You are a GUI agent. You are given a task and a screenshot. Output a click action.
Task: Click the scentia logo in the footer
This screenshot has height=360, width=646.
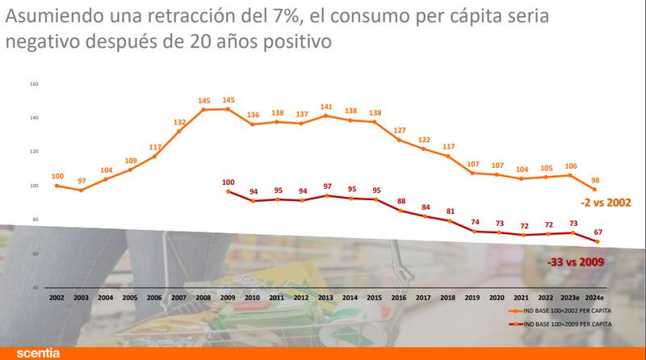coord(39,354)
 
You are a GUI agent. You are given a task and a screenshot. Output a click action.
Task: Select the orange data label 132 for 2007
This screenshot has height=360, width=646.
coord(179,122)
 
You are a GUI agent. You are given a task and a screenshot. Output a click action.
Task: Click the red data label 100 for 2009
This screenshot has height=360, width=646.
coord(229,182)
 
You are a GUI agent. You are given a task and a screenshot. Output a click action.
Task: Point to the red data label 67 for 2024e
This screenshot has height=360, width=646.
coord(598,232)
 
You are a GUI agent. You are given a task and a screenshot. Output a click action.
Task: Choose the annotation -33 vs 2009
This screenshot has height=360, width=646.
coord(574,262)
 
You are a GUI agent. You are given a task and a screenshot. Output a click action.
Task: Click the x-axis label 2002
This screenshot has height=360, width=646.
coord(57,298)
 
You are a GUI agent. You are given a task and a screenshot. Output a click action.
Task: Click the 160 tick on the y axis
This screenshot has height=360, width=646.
coord(34,84)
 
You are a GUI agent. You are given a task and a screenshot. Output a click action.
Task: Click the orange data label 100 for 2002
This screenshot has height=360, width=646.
coord(57,176)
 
